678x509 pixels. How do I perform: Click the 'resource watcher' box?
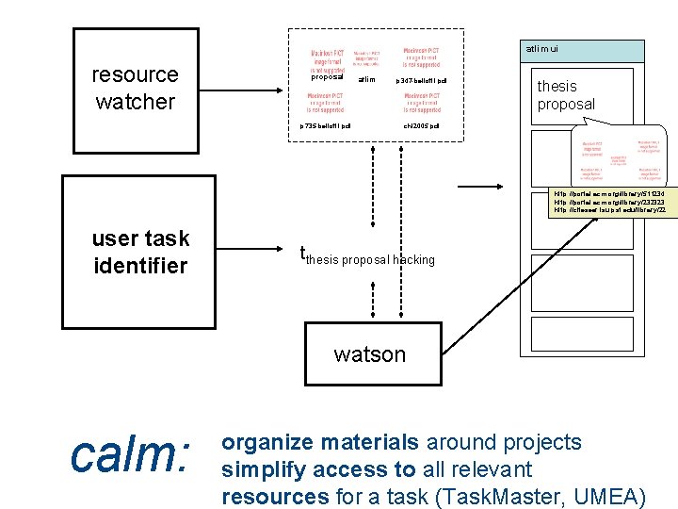tap(136, 90)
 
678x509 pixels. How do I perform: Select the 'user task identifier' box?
tap(141, 252)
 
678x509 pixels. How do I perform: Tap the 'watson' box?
tap(370, 354)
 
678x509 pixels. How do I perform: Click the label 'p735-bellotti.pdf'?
tap(325, 125)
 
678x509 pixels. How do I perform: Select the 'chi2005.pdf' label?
tap(421, 125)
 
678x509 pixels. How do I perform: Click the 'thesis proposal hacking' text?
tap(370, 259)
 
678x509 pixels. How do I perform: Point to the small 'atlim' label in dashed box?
tap(367, 80)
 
